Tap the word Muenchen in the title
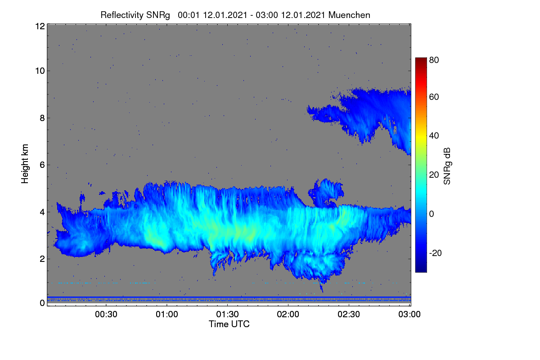[x=349, y=15]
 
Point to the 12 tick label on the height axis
[x=40, y=26]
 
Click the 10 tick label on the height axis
[x=40, y=71]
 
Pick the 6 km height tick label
[x=42, y=165]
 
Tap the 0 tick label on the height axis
[x=42, y=303]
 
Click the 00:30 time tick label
[x=106, y=314]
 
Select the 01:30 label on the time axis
[x=227, y=314]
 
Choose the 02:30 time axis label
[x=349, y=314]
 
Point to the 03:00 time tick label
[x=409, y=314]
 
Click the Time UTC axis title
[x=229, y=324]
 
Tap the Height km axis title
[x=25, y=164]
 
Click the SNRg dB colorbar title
[x=447, y=166]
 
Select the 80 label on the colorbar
[x=434, y=60]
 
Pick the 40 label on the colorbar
[x=434, y=136]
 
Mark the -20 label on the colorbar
[x=436, y=253]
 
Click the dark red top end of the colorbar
[x=421, y=59]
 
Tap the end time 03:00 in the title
[x=267, y=15]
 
